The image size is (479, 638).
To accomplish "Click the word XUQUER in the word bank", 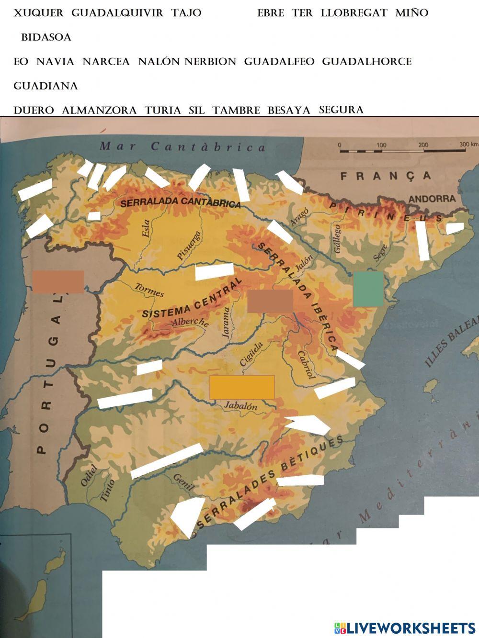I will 38,13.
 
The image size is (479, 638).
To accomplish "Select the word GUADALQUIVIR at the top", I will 117,13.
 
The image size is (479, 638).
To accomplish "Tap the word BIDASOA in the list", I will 46,37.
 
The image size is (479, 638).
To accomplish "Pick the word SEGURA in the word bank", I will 341,110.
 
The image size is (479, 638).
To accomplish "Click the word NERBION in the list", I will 211,62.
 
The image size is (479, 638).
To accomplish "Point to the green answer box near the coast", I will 368,289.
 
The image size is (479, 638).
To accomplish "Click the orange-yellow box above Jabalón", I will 242,387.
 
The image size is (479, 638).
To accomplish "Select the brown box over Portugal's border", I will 58,281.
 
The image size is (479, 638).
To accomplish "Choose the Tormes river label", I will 149,290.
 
